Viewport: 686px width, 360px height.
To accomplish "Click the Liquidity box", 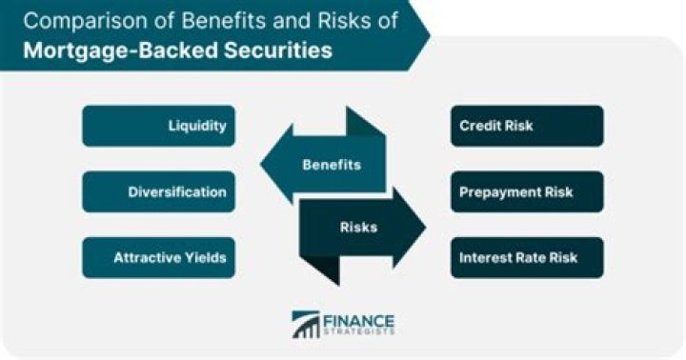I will point(158,126).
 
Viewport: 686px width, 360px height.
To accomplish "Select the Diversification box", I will point(158,192).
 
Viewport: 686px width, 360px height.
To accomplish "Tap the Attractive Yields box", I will point(158,258).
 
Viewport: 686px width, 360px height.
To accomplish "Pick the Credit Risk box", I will point(527,126).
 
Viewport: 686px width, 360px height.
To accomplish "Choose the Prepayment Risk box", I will point(527,192).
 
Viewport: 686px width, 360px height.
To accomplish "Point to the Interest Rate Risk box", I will point(527,258).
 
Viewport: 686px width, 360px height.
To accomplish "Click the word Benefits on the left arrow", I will point(331,165).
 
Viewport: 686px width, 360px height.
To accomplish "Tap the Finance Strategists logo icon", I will point(305,325).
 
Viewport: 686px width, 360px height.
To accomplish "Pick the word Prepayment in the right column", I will point(502,192).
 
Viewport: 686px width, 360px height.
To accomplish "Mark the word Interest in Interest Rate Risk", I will point(483,258).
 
